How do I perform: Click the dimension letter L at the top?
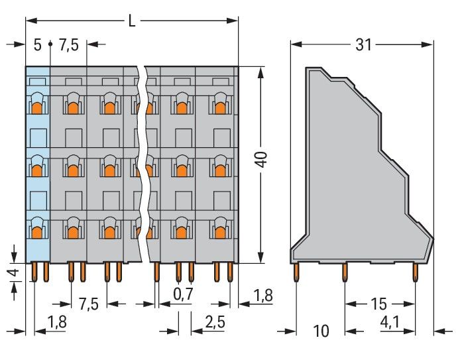click(132, 21)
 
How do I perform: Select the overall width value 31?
click(363, 45)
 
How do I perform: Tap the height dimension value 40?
click(262, 159)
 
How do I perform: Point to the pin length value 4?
click(15, 272)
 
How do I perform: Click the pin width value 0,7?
click(183, 294)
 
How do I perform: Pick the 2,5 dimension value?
click(215, 322)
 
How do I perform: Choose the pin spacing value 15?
click(378, 304)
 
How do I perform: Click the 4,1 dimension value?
click(390, 323)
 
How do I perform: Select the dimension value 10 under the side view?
click(321, 331)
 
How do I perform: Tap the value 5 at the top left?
click(37, 45)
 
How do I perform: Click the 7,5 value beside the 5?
click(69, 45)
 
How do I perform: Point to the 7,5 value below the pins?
click(89, 304)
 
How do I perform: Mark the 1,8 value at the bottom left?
click(57, 322)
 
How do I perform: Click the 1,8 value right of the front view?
click(263, 296)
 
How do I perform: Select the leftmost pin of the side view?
click(296, 272)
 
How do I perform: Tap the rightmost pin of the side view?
click(415, 272)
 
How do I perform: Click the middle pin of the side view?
click(345, 272)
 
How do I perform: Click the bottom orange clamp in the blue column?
click(37, 233)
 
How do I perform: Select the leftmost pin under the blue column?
click(34, 272)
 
